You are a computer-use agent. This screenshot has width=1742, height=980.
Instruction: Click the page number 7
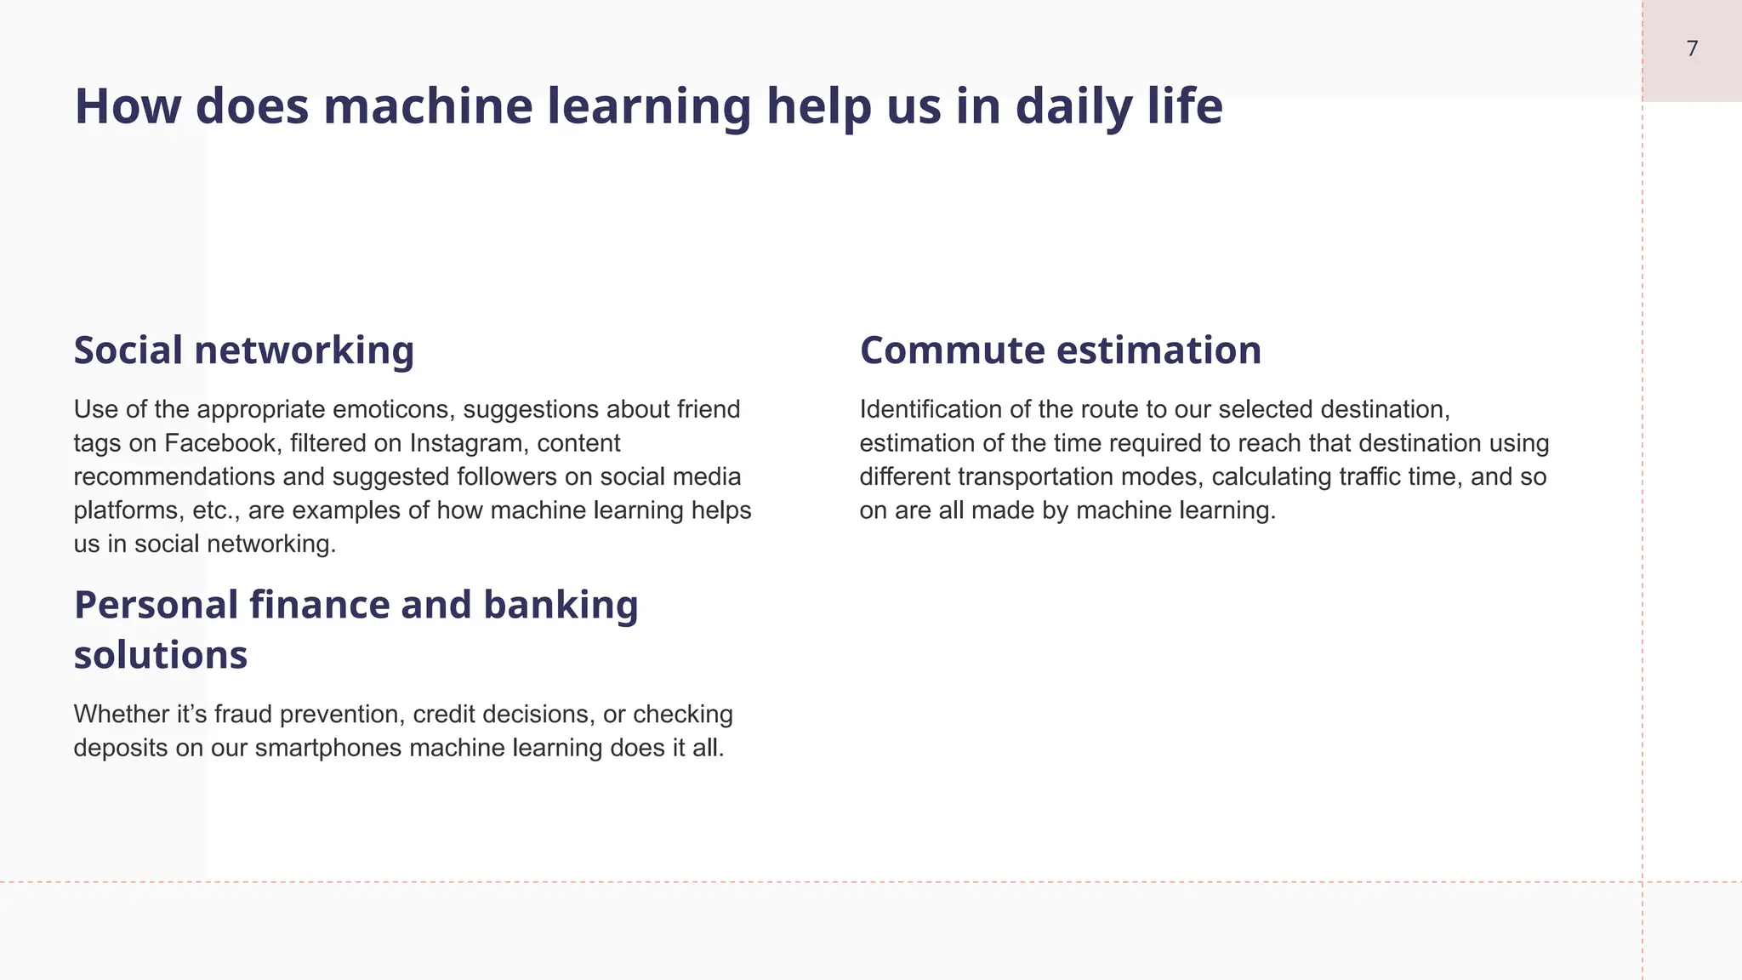1692,49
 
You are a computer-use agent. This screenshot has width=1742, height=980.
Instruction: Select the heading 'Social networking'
244,350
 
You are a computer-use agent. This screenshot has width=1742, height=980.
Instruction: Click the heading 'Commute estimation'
1061,350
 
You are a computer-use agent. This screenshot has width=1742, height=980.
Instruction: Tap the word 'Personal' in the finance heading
156,605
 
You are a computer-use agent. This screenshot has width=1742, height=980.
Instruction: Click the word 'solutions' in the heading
161,655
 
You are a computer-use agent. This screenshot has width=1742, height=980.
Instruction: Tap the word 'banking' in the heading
561,605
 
